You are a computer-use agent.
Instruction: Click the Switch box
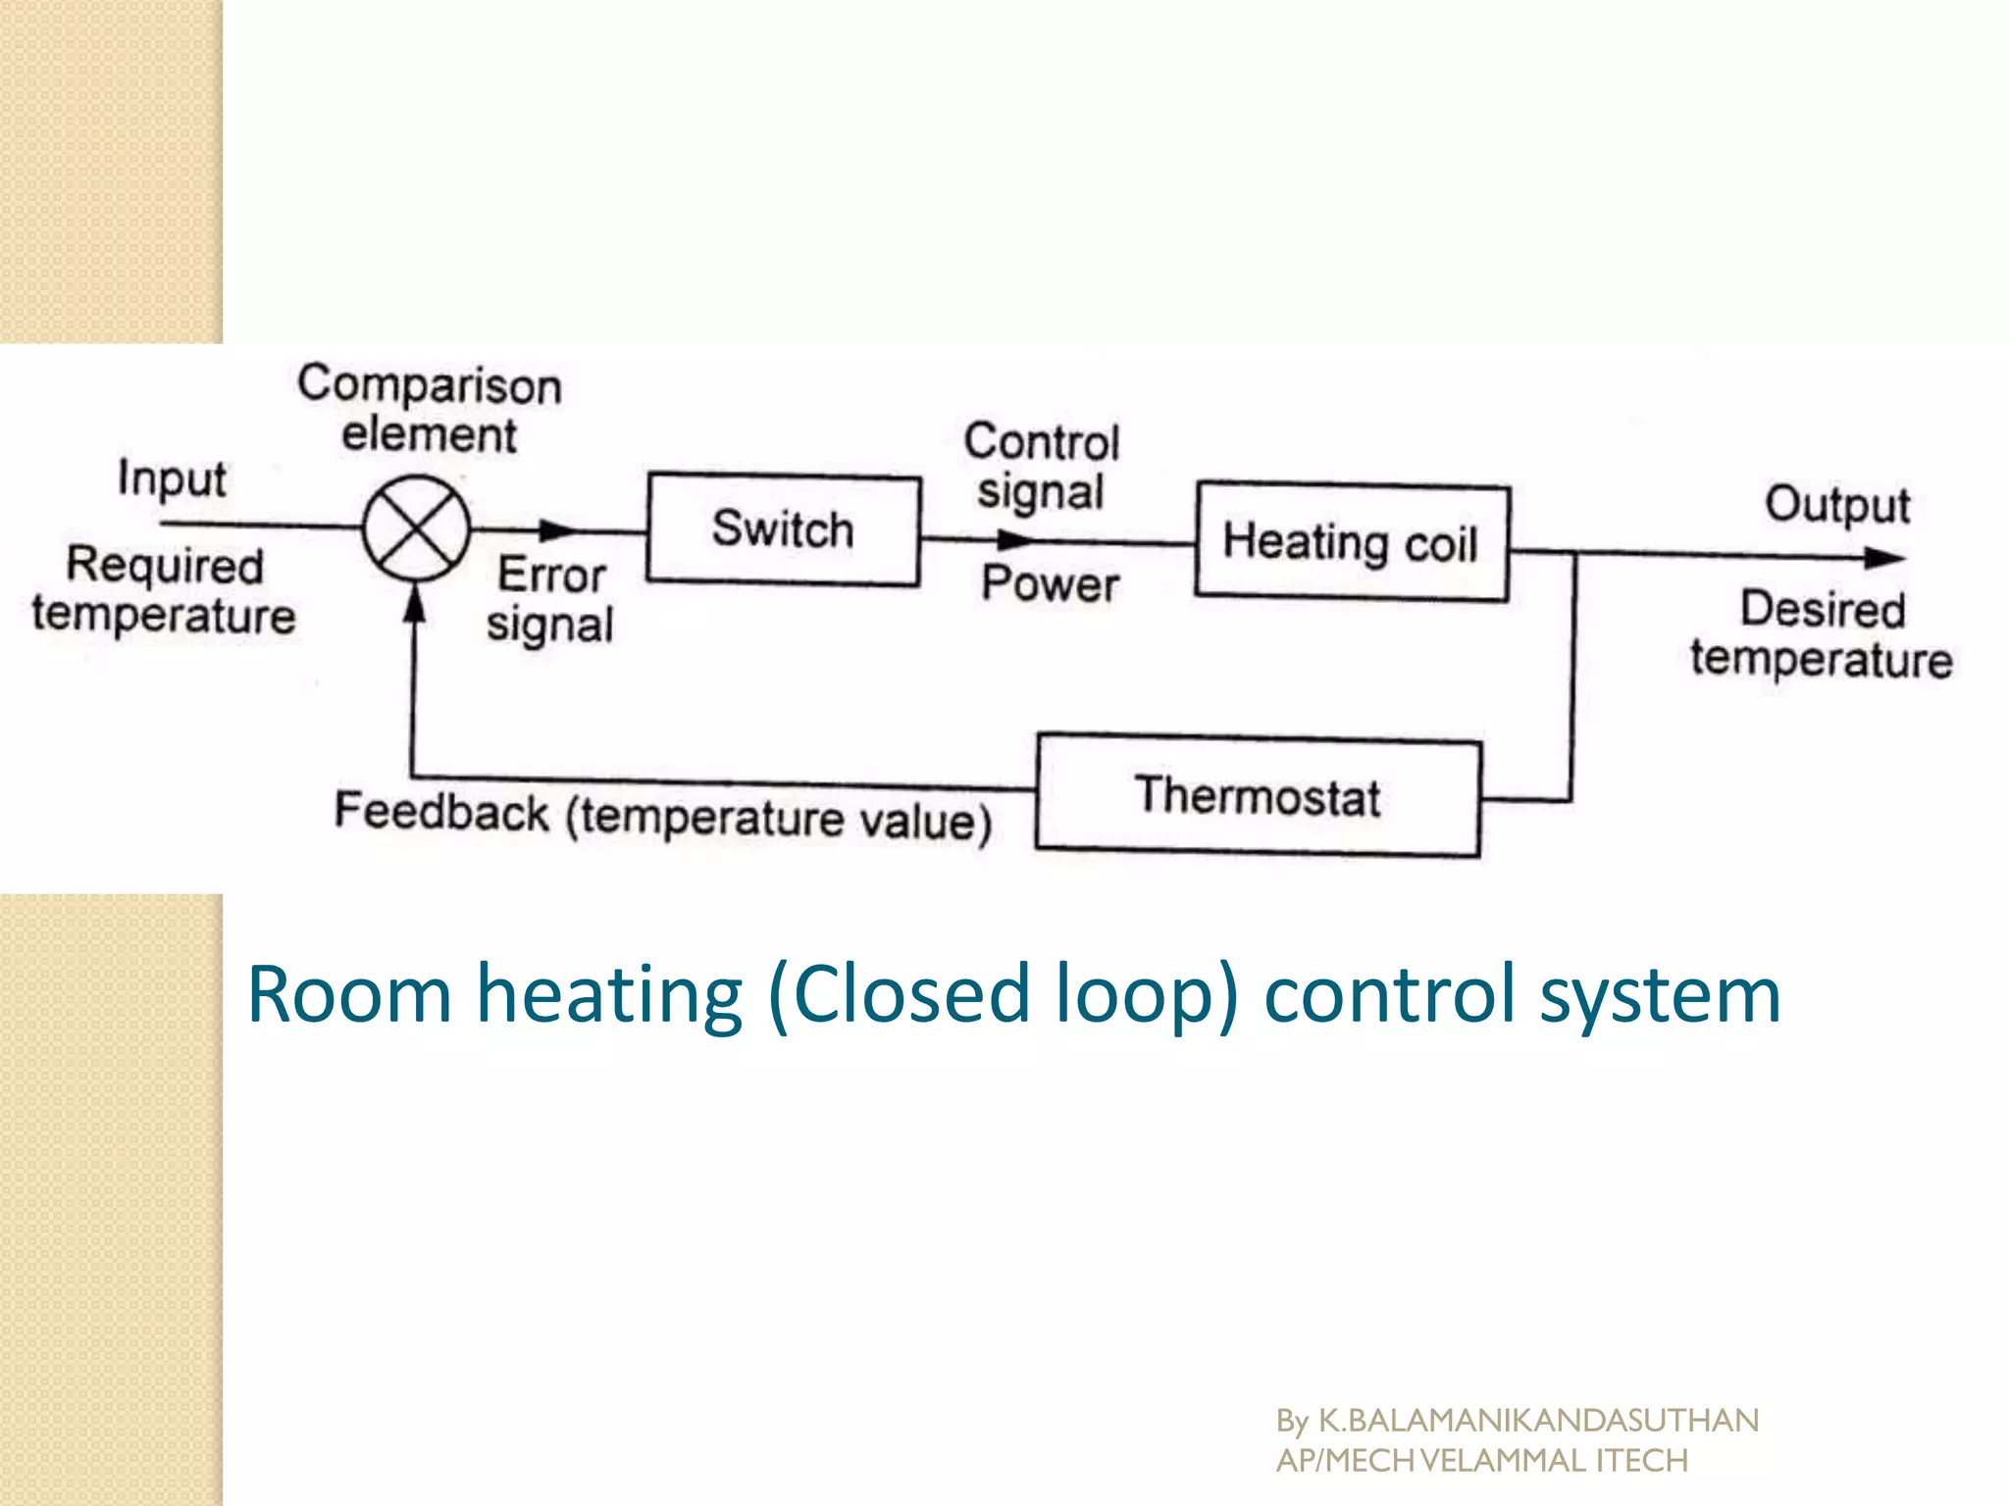point(783,530)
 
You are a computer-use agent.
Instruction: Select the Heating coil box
point(1352,541)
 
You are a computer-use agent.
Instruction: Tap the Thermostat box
point(1259,796)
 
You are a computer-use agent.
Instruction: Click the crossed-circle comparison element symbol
point(417,527)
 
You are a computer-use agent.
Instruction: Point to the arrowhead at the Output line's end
point(1883,559)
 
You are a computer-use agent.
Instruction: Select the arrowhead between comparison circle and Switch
point(559,530)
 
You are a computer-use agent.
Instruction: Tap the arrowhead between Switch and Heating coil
point(1014,539)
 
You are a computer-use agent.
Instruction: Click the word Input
point(172,479)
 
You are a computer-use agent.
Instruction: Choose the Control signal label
point(1041,467)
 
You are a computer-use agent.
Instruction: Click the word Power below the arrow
point(1050,584)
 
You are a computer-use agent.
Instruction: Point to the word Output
point(1837,506)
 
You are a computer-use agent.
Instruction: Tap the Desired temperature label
point(1822,634)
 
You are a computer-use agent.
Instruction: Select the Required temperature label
point(164,590)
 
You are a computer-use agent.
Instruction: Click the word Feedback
point(441,812)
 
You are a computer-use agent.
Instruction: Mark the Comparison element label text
point(430,409)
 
